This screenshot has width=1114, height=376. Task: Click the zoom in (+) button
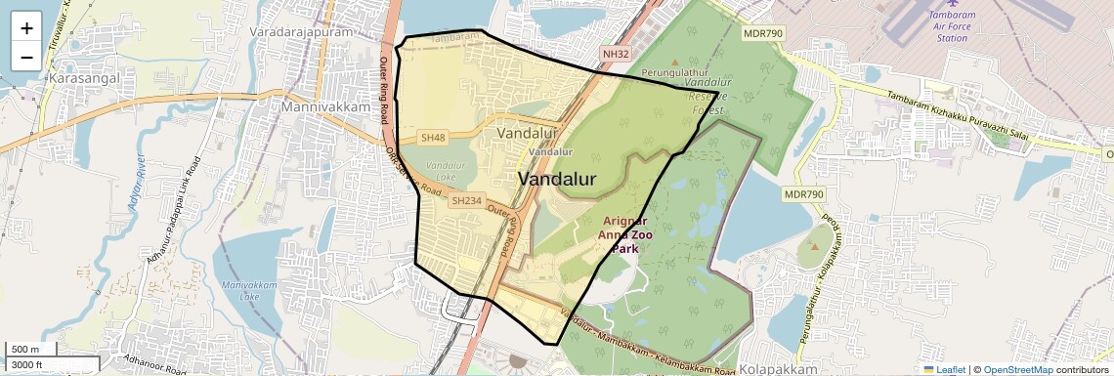click(26, 28)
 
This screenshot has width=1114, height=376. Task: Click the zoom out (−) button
click(26, 57)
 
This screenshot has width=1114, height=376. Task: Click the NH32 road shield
click(615, 54)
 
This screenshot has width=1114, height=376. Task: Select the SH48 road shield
click(433, 138)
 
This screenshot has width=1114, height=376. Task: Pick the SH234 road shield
click(466, 201)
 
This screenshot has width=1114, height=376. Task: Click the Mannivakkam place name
click(325, 105)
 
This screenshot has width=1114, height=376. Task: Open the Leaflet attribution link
click(944, 369)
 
